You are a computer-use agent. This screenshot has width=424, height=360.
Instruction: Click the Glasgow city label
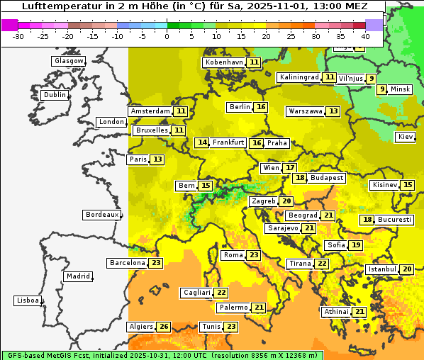click(68, 61)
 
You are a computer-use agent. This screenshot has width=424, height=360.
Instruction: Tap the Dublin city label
click(55, 95)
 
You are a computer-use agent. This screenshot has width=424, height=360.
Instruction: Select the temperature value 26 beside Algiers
click(164, 327)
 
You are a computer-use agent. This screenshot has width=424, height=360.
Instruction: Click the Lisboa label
click(27, 300)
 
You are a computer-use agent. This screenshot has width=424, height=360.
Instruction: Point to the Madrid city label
click(77, 276)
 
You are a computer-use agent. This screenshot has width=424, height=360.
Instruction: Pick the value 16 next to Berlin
click(262, 107)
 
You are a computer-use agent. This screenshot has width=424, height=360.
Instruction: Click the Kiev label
click(406, 137)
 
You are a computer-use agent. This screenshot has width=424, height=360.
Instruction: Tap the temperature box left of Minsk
click(382, 89)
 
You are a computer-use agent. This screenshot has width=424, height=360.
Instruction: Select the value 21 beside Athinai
click(360, 312)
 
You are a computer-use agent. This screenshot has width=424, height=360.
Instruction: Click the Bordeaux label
click(101, 215)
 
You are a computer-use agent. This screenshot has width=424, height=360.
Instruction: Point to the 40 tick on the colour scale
click(365, 36)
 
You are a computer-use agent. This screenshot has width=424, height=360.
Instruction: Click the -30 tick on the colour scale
click(18, 36)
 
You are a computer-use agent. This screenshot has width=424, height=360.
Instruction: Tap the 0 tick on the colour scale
click(167, 36)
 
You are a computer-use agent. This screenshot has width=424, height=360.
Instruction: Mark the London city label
click(111, 122)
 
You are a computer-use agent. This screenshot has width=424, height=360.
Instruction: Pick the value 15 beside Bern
click(206, 186)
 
